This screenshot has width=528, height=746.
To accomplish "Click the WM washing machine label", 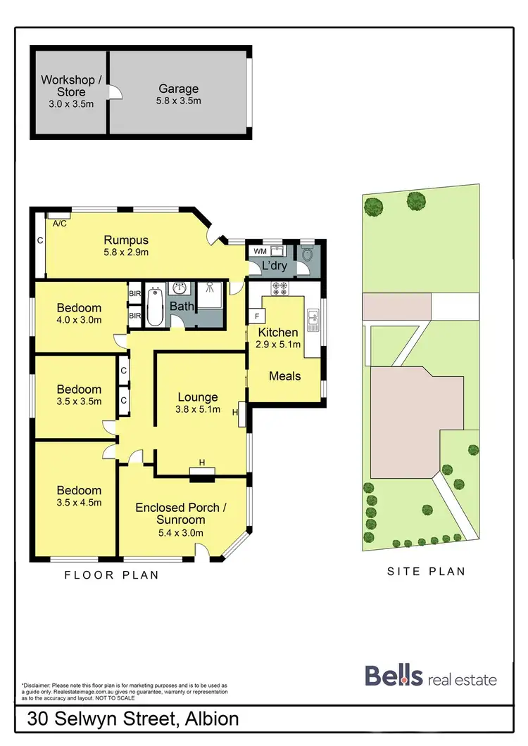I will click(x=260, y=250).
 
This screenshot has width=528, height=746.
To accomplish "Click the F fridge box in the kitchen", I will click(x=256, y=316).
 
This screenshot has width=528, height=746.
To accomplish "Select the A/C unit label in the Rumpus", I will click(x=60, y=223).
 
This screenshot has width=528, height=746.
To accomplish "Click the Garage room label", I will click(x=178, y=89).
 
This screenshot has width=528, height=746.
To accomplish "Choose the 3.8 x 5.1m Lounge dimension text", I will click(x=198, y=409).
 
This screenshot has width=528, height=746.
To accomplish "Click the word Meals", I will click(x=284, y=376).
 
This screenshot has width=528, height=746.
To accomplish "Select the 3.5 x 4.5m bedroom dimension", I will click(x=79, y=503).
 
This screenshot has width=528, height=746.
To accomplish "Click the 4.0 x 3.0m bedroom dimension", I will click(x=79, y=320).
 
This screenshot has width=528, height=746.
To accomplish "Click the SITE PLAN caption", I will click(x=426, y=572).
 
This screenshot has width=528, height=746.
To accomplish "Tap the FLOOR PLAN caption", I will click(x=111, y=575).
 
